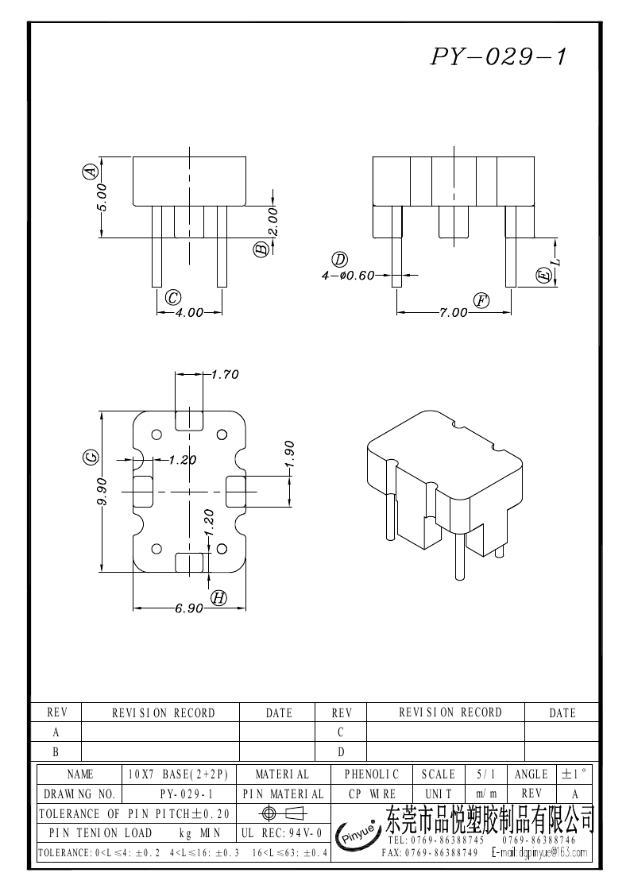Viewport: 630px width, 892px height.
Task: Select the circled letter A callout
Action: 91,171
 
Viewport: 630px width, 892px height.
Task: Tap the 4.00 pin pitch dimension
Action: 190,313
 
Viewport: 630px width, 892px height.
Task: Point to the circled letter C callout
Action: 172,297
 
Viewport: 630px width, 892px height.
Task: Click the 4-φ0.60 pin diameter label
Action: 348,276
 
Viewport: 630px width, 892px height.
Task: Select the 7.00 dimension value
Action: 454,313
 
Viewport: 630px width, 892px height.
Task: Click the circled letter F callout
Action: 481,300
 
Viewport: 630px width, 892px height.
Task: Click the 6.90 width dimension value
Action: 189,608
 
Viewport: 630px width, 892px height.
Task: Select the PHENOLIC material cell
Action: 371,774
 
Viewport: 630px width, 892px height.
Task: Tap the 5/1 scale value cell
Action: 482,774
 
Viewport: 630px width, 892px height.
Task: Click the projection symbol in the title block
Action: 282,813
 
